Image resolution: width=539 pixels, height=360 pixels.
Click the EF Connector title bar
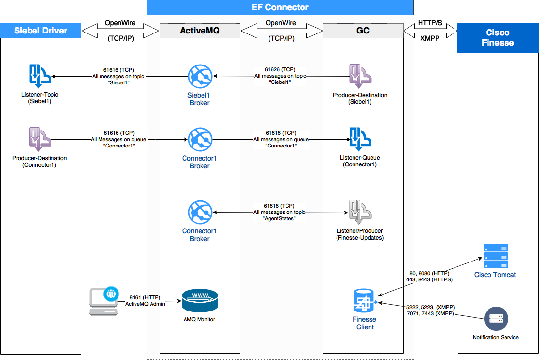280,7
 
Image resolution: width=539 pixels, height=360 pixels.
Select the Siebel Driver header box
40,31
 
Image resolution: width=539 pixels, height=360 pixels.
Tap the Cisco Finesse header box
498,38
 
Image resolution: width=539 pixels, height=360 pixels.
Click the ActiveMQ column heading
200,31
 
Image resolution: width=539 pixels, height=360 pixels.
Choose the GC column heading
363,31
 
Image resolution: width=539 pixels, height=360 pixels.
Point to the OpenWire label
281,23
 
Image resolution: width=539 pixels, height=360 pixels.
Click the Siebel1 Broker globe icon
200,76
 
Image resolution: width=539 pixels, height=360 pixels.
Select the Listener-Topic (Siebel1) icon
39,75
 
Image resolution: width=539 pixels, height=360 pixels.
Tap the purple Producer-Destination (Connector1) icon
39,140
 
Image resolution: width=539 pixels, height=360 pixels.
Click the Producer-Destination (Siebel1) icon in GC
360,76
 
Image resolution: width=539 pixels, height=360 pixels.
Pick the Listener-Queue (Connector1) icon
360,140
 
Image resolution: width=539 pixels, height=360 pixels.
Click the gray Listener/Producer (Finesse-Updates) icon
360,212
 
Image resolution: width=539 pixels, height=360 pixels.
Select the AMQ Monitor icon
200,301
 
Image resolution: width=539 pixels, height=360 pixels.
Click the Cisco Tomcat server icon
495,256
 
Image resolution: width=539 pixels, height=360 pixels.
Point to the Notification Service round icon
496,319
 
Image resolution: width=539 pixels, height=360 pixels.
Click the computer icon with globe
104,301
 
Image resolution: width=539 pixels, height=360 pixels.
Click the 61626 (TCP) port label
280,70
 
